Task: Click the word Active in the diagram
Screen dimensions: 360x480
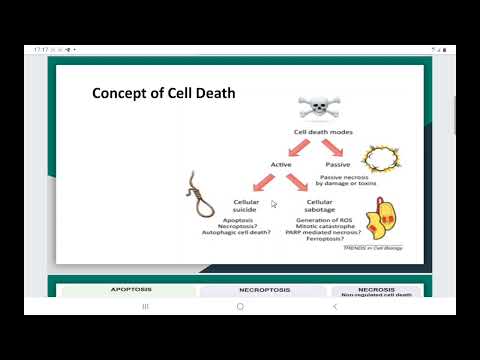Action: [x=281, y=164]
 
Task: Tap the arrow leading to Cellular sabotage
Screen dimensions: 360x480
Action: [x=297, y=183]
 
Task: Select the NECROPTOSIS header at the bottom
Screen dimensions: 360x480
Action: [x=264, y=291]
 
